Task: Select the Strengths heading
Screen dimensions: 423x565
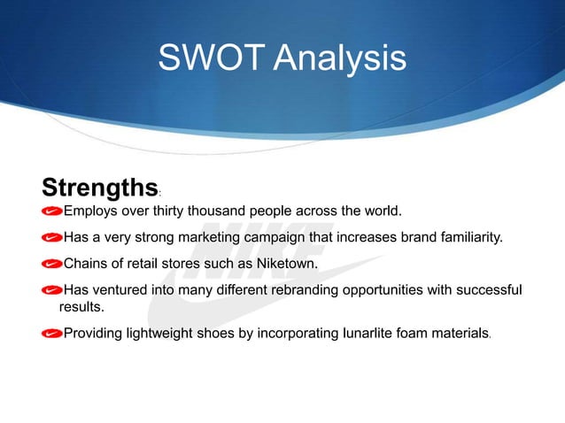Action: pyautogui.click(x=99, y=188)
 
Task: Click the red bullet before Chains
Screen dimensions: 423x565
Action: pyautogui.click(x=52, y=264)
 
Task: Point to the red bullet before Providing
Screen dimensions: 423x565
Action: pyautogui.click(x=52, y=333)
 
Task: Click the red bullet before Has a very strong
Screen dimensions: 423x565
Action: pyautogui.click(x=52, y=238)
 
